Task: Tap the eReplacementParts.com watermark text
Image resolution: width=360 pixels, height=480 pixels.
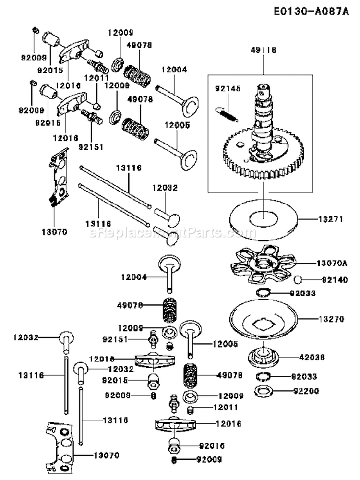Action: pos(166,233)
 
